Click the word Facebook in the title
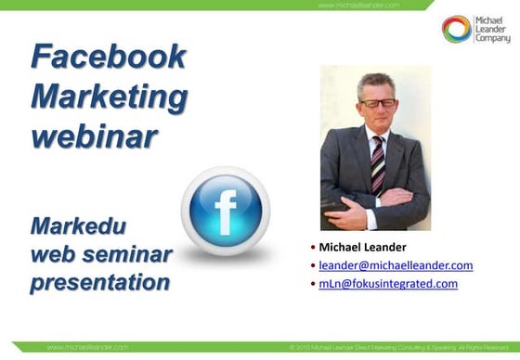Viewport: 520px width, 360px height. pos(108,58)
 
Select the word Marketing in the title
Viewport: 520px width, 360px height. pos(109,96)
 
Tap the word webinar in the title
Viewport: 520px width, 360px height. pos(94,135)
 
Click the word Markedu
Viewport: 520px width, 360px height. pos(77,226)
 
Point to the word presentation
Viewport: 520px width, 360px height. pos(99,282)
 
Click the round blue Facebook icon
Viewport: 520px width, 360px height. pos(225,212)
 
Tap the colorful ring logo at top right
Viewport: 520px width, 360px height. pos(456,29)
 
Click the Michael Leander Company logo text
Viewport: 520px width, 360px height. pos(492,29)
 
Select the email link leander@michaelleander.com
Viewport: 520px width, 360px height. pos(396,265)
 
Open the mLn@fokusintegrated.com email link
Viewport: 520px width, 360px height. pos(388,284)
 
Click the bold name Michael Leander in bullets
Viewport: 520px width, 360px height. pos(362,247)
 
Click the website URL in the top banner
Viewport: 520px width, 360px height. pos(358,5)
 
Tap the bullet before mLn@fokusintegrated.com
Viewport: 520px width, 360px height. pos(313,284)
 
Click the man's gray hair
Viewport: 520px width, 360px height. pos(377,82)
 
